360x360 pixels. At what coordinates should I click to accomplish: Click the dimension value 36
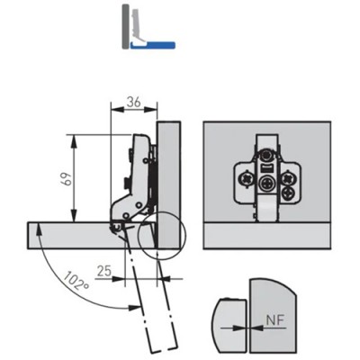(133, 103)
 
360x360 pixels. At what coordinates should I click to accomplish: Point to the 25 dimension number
(104, 271)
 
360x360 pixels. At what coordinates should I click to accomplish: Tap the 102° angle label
(76, 281)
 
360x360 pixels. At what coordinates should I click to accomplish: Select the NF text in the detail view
(275, 320)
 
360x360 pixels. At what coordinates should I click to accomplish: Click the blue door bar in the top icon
(153, 45)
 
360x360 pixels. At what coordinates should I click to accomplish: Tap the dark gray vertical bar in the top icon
(125, 26)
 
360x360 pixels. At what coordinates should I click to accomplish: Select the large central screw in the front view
(266, 183)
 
